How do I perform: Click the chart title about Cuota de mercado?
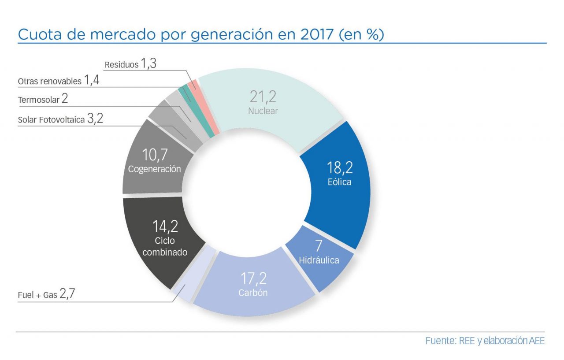coord(200,34)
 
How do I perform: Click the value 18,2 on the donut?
coord(340,167)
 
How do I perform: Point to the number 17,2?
coord(253,278)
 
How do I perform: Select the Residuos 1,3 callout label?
coord(130,64)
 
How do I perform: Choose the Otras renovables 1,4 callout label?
coord(58,80)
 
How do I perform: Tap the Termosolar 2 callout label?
coord(43,99)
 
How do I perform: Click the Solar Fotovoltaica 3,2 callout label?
coord(60,119)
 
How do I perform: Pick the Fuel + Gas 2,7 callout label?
coord(47,294)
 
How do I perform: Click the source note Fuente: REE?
coord(485,341)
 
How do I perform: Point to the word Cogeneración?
coord(154,169)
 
